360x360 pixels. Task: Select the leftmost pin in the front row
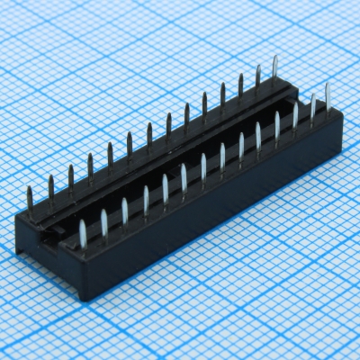82,232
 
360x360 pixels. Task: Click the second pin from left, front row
103,221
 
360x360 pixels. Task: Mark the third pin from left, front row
124,210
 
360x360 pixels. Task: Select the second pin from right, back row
257,78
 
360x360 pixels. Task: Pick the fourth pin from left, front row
145,199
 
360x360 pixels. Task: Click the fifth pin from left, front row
165,188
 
